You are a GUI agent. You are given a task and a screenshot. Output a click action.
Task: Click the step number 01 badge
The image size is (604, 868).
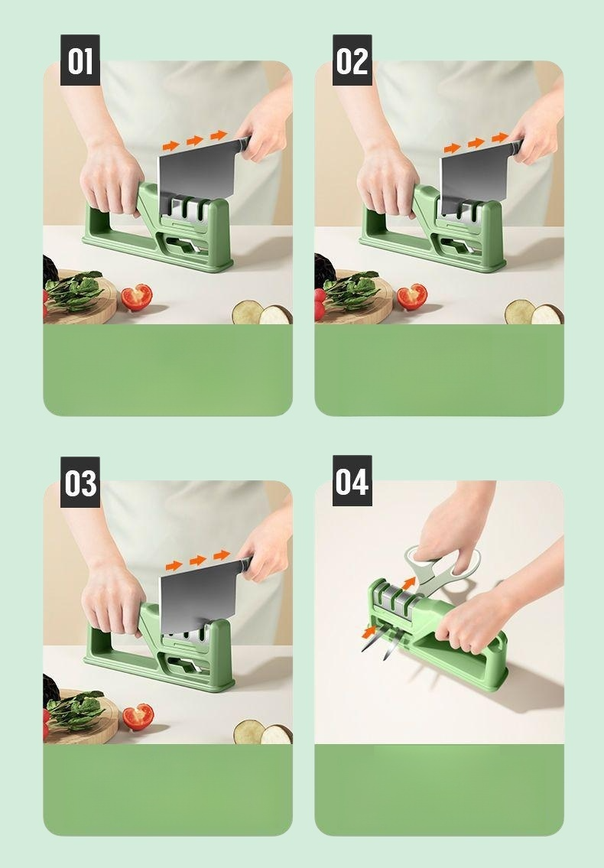(80, 60)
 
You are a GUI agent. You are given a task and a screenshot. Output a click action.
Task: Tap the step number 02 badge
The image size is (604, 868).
(352, 60)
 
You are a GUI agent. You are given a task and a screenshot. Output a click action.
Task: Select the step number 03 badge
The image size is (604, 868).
(80, 482)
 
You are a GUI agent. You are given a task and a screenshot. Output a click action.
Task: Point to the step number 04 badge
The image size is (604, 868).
(352, 480)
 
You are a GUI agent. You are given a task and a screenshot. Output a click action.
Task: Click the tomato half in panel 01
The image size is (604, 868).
(137, 297)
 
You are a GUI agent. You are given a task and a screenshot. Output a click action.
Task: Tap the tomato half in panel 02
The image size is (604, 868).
(412, 297)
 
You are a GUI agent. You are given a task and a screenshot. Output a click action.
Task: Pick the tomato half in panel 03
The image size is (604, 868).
(138, 717)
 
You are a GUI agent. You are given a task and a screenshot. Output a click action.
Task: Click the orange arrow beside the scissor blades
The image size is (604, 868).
(369, 631)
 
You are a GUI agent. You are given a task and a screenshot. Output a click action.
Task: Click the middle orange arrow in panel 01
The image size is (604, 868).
(194, 141)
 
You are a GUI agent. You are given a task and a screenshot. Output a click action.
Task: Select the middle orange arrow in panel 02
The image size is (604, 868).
(476, 143)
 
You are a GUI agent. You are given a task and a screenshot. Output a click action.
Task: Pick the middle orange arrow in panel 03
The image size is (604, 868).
(198, 561)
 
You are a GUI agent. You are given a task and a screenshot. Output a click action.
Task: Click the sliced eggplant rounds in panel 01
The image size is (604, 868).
(262, 313)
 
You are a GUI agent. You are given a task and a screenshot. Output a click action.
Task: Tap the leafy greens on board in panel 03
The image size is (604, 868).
(75, 706)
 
